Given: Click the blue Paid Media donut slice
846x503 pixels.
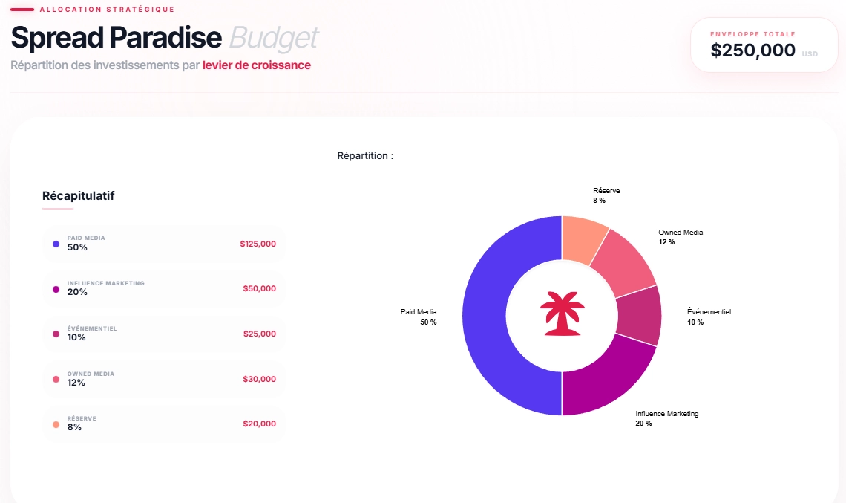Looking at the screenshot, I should coord(484,316).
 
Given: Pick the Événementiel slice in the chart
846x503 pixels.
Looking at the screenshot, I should coord(639,316).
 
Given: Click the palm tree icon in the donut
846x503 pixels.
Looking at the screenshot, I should coord(562,314).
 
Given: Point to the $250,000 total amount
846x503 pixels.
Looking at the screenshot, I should coord(752,51).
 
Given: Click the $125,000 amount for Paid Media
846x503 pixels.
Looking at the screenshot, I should coord(258,244).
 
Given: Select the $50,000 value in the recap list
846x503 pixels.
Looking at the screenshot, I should coord(259,288).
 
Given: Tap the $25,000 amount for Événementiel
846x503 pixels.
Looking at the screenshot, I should coord(259,334).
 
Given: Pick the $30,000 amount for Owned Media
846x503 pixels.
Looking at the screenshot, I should coord(259,379).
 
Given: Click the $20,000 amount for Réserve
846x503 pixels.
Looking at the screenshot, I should coord(259,424).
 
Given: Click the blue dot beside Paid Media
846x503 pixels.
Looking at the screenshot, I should coord(56,244).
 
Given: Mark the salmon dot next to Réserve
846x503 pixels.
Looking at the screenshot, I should coord(56,424).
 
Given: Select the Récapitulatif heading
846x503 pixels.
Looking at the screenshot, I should coord(78,196).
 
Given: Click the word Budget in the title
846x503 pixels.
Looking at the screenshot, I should coord(274,37).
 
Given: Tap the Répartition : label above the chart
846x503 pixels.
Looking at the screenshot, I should coord(365,156).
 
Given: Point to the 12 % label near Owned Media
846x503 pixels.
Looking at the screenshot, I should coord(666,242).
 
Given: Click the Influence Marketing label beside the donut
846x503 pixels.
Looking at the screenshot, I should coord(666,414).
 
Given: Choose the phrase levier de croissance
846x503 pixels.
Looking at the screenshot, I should coord(256,65).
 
